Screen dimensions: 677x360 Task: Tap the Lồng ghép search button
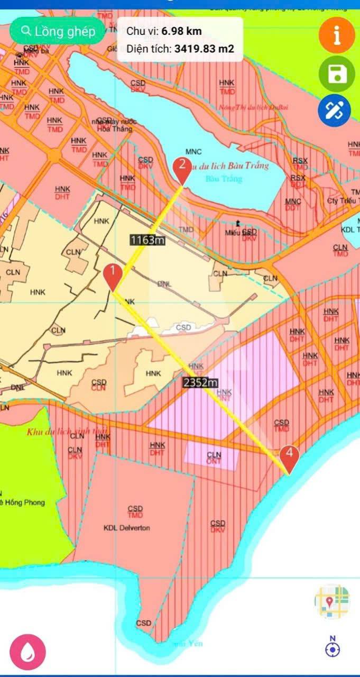click(x=58, y=31)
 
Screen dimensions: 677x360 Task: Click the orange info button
click(x=337, y=35)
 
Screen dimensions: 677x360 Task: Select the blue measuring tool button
click(x=334, y=110)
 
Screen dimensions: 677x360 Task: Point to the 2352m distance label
click(x=200, y=382)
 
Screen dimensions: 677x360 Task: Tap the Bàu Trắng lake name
click(x=223, y=179)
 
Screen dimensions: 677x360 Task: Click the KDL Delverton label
click(x=127, y=528)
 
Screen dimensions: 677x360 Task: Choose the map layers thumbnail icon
click(x=332, y=601)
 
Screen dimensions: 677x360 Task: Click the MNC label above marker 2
click(x=194, y=152)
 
